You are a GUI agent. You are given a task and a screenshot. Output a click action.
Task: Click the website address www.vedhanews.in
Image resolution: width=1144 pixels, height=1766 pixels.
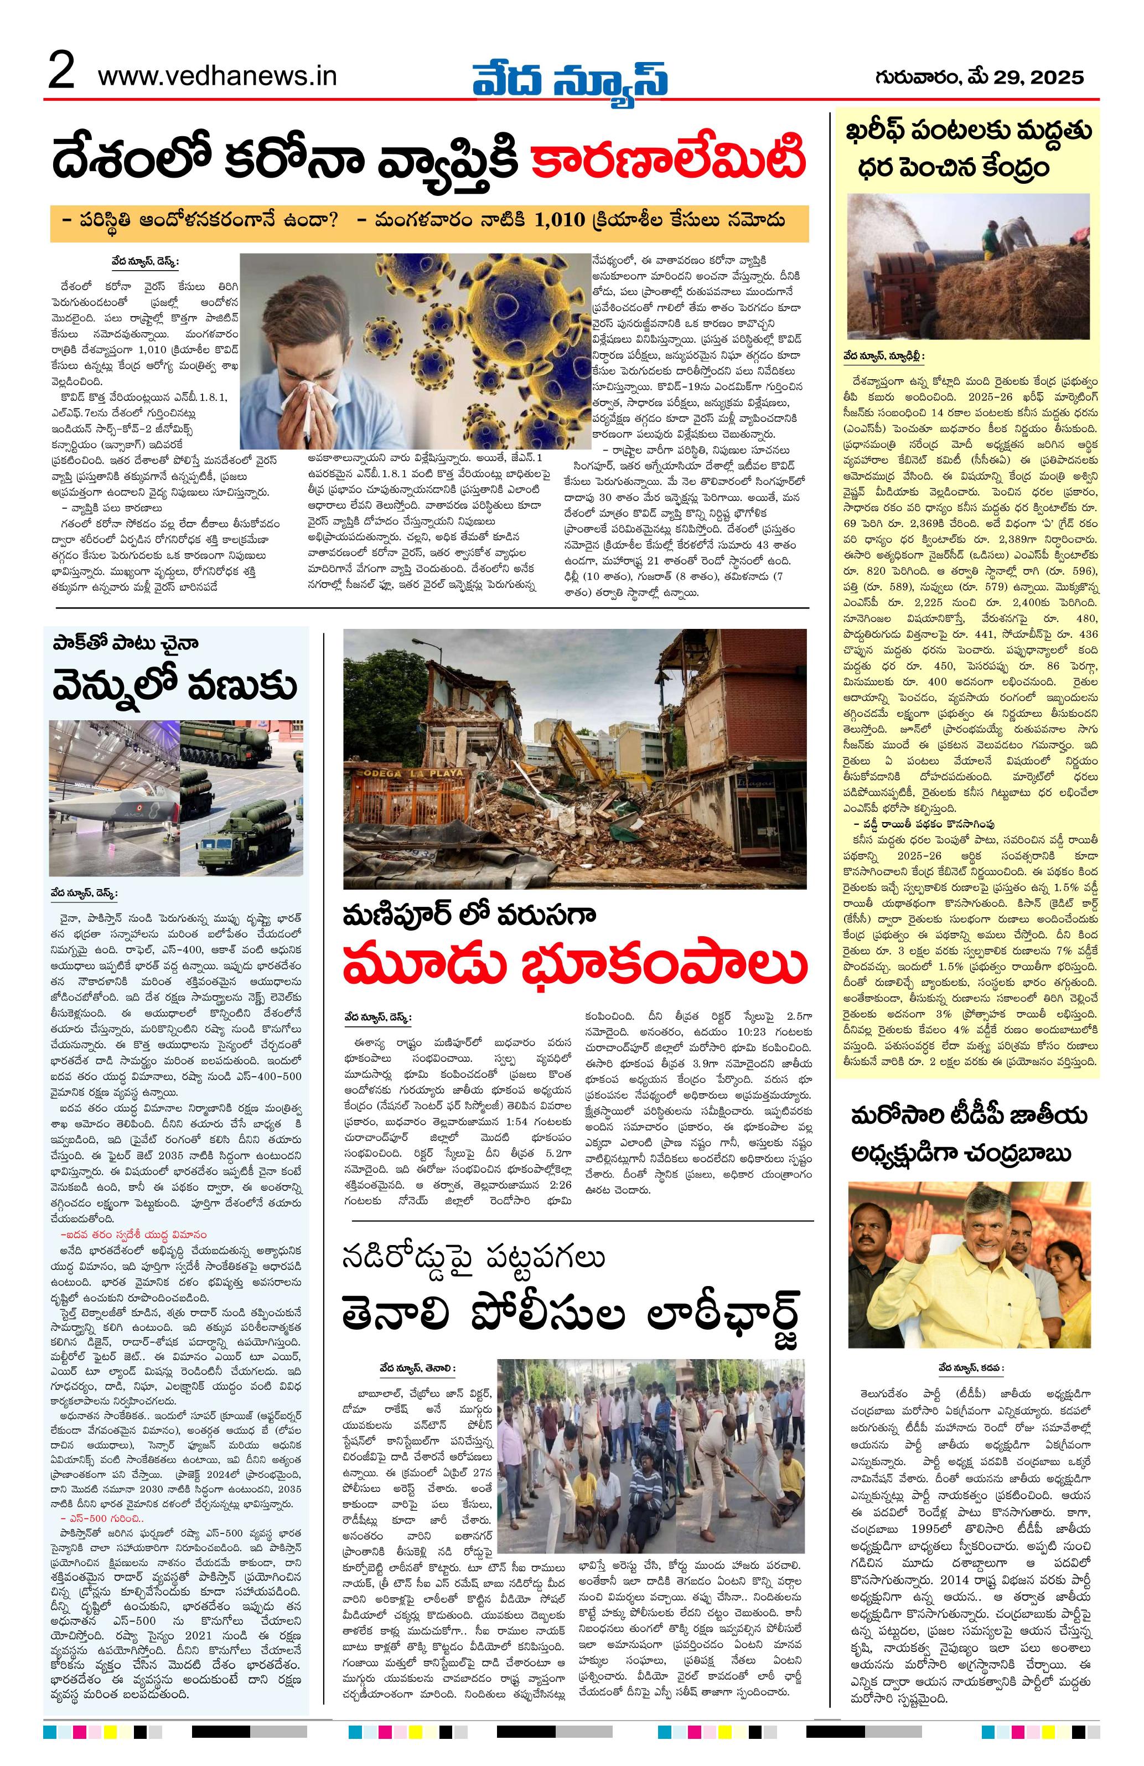pos(218,76)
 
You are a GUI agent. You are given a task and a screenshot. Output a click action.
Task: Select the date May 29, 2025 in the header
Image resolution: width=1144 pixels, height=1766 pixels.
pos(979,76)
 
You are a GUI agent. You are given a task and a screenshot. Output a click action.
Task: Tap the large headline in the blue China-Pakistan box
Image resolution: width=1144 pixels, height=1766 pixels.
pos(175,687)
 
